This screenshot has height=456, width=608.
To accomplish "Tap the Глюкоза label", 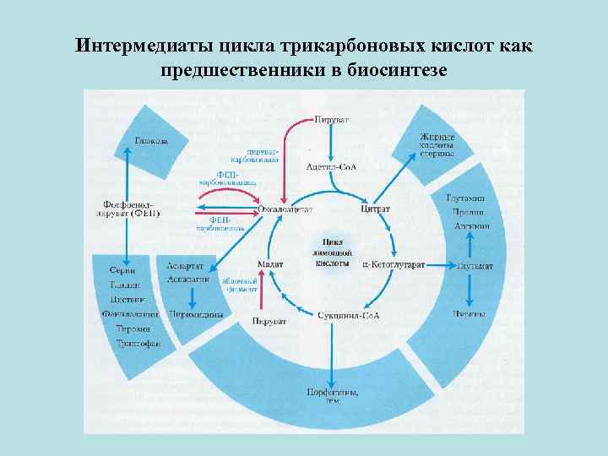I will (x=150, y=139).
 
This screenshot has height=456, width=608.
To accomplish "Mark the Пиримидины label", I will (x=195, y=314).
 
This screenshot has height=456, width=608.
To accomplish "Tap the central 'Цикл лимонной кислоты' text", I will (x=329, y=252).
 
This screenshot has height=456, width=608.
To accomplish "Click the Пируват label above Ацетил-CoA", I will (x=329, y=121).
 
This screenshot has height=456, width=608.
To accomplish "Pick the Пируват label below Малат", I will (x=269, y=321).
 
